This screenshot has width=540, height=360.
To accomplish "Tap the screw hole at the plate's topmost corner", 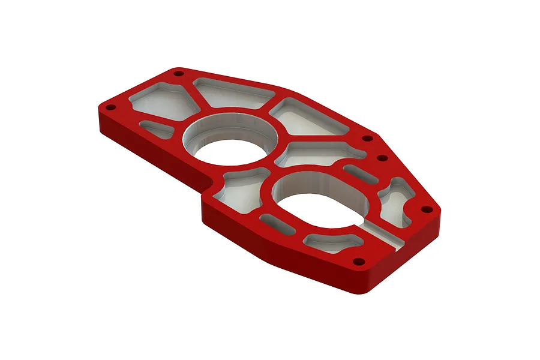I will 178,73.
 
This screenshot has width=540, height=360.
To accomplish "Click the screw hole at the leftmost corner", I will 110,107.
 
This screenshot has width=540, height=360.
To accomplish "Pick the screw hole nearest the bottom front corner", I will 359,262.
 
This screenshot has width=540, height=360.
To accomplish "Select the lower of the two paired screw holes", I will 380,158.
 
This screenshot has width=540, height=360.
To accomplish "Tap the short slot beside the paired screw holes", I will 360,173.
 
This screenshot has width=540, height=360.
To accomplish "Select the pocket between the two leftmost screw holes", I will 162,99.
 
